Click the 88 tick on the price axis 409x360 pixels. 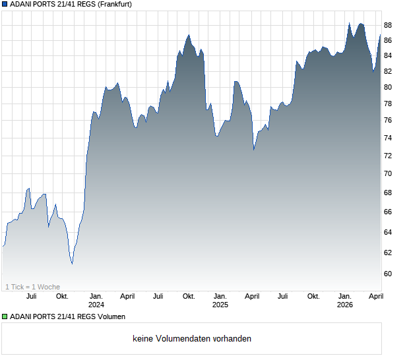[x=388, y=25]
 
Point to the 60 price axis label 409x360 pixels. [x=388, y=274]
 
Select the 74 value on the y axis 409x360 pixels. [x=388, y=138]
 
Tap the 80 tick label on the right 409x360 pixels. [x=388, y=87]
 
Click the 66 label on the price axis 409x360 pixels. [x=388, y=212]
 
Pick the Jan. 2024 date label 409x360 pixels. [x=96, y=301]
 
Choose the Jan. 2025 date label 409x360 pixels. [x=220, y=301]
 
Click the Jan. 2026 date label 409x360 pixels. [x=344, y=301]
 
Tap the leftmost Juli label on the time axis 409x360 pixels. [x=31, y=297]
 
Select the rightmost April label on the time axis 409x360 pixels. [x=375, y=297]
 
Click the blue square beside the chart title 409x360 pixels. [x=5, y=5]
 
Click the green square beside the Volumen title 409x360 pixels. [x=5, y=317]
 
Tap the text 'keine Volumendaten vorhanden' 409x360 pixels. [x=192, y=339]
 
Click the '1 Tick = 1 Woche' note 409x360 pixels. [x=32, y=287]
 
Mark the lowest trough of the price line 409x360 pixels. [x=72, y=264]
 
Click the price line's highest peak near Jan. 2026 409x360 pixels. [x=349, y=23]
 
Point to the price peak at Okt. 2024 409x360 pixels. [x=189, y=35]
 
